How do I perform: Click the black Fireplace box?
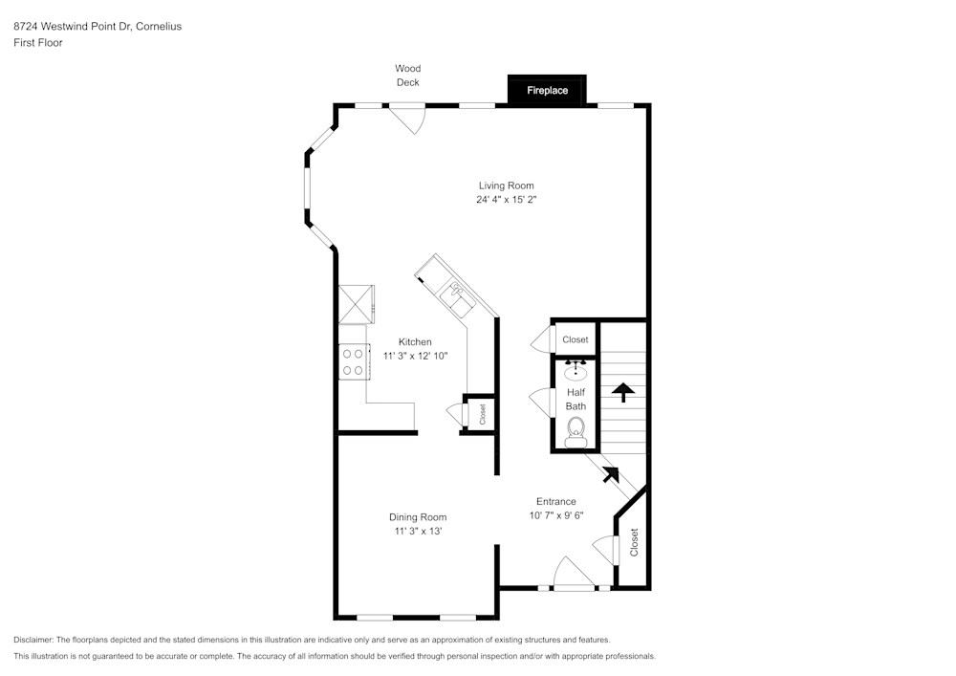click(547, 91)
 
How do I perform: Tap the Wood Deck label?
click(408, 76)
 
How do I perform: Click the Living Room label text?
click(507, 185)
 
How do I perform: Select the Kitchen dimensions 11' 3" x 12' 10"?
click(415, 356)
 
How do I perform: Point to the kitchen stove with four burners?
click(353, 361)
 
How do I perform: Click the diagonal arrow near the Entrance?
click(607, 472)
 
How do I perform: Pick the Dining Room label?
click(418, 517)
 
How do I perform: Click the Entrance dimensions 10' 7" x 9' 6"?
click(556, 515)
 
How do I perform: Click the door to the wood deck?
click(409, 120)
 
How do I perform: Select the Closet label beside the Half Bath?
click(576, 339)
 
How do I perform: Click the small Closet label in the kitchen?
click(483, 414)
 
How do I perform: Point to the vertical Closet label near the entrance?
click(634, 542)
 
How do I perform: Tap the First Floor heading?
click(38, 43)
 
